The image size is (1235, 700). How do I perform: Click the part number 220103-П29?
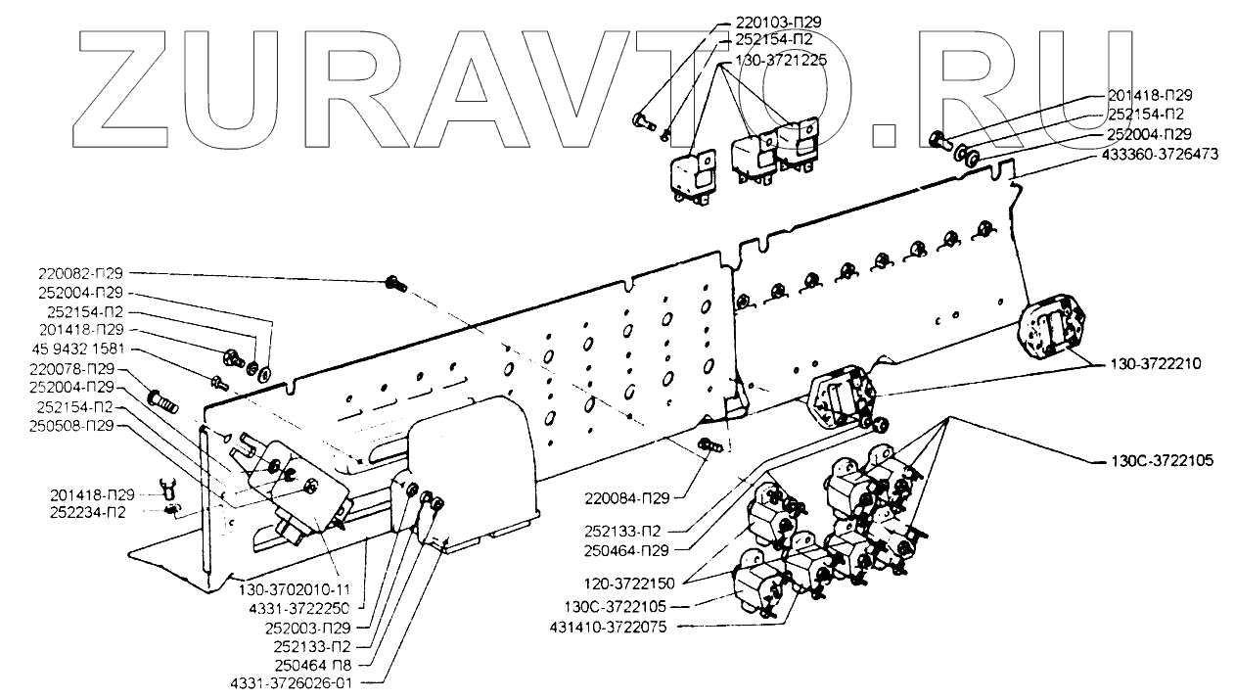click(768, 20)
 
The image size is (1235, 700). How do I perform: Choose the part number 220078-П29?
click(74, 369)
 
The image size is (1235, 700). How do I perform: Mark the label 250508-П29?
click(74, 426)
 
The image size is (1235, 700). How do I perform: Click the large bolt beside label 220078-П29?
click(162, 399)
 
